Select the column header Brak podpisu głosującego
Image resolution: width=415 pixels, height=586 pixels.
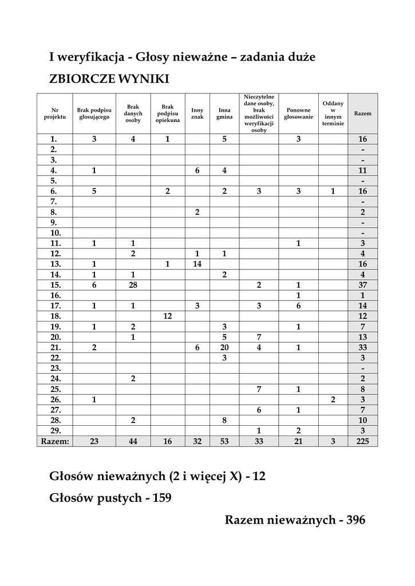(94, 113)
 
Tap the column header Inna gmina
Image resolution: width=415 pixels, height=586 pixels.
(224, 113)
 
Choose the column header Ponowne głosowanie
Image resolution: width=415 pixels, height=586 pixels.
(298, 113)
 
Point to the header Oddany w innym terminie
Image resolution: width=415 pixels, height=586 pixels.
(333, 113)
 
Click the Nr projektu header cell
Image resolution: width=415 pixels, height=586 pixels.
(54, 113)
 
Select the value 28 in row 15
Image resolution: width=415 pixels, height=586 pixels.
(133, 285)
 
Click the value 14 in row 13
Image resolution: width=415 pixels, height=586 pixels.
(197, 264)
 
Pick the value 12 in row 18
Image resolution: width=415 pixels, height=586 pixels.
(168, 316)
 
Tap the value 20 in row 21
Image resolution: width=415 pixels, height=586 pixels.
(224, 347)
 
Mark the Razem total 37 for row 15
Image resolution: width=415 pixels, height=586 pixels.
(362, 285)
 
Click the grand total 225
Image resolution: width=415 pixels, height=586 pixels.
(362, 441)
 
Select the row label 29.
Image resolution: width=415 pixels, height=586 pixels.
(54, 430)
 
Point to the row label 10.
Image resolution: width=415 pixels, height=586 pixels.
(54, 233)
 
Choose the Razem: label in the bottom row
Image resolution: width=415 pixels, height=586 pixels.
(54, 441)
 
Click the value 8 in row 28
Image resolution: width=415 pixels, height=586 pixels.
(224, 419)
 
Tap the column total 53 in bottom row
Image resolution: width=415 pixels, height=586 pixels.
(224, 441)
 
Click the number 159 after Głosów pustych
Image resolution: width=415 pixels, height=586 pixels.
(160, 498)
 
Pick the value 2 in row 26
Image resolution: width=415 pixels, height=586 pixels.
(333, 399)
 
